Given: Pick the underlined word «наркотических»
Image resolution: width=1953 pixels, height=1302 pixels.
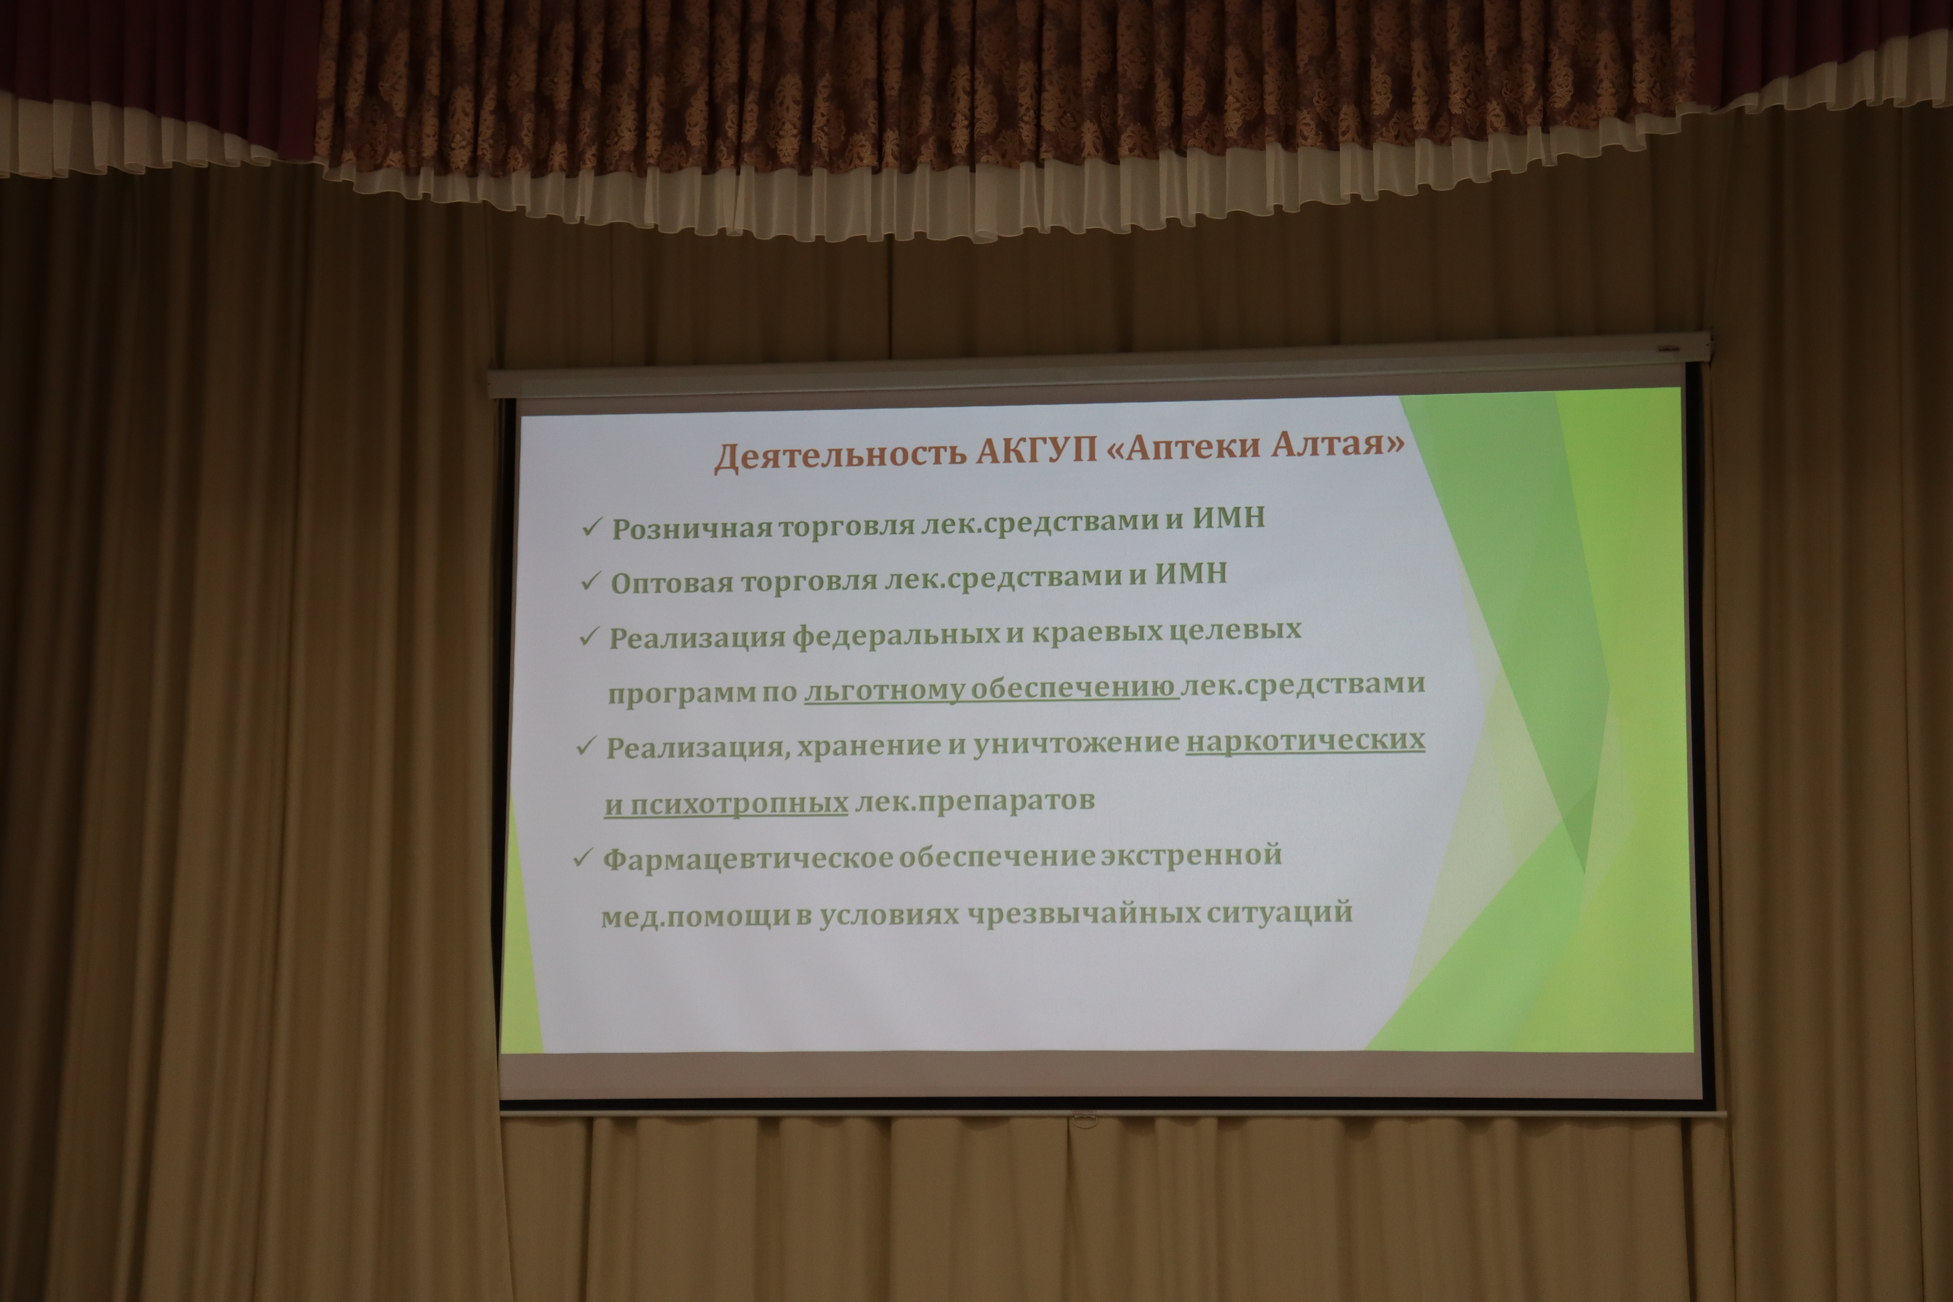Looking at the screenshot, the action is point(1305,740).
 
